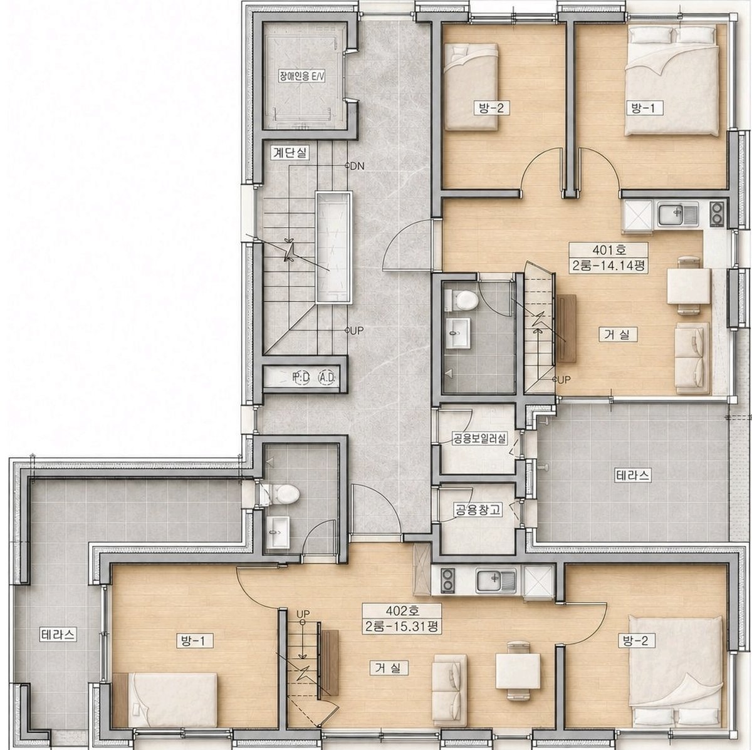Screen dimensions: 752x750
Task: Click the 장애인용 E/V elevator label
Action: click(301, 76)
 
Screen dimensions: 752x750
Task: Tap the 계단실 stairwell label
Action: click(290, 154)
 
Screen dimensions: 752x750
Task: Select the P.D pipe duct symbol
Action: click(301, 377)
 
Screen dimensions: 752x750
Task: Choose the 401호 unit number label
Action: click(608, 249)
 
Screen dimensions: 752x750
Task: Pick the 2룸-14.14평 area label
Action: click(608, 266)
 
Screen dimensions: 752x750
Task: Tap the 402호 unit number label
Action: click(402, 610)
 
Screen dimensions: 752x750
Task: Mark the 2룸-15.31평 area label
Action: click(402, 627)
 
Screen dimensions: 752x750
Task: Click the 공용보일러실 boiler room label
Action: click(479, 438)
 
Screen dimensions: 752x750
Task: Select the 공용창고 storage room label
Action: click(478, 509)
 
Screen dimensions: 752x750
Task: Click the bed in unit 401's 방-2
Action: click(471, 86)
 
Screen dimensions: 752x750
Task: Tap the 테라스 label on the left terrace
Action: click(58, 635)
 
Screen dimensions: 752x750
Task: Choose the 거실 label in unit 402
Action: click(389, 668)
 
